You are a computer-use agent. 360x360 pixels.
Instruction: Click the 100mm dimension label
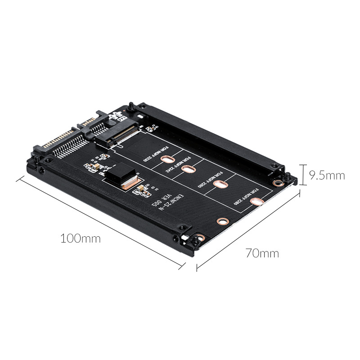point(81,238)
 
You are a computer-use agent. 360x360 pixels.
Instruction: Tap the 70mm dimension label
point(262,253)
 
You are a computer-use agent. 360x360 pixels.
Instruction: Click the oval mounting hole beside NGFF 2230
point(167,159)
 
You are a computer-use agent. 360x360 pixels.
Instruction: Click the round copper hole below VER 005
point(222,221)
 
